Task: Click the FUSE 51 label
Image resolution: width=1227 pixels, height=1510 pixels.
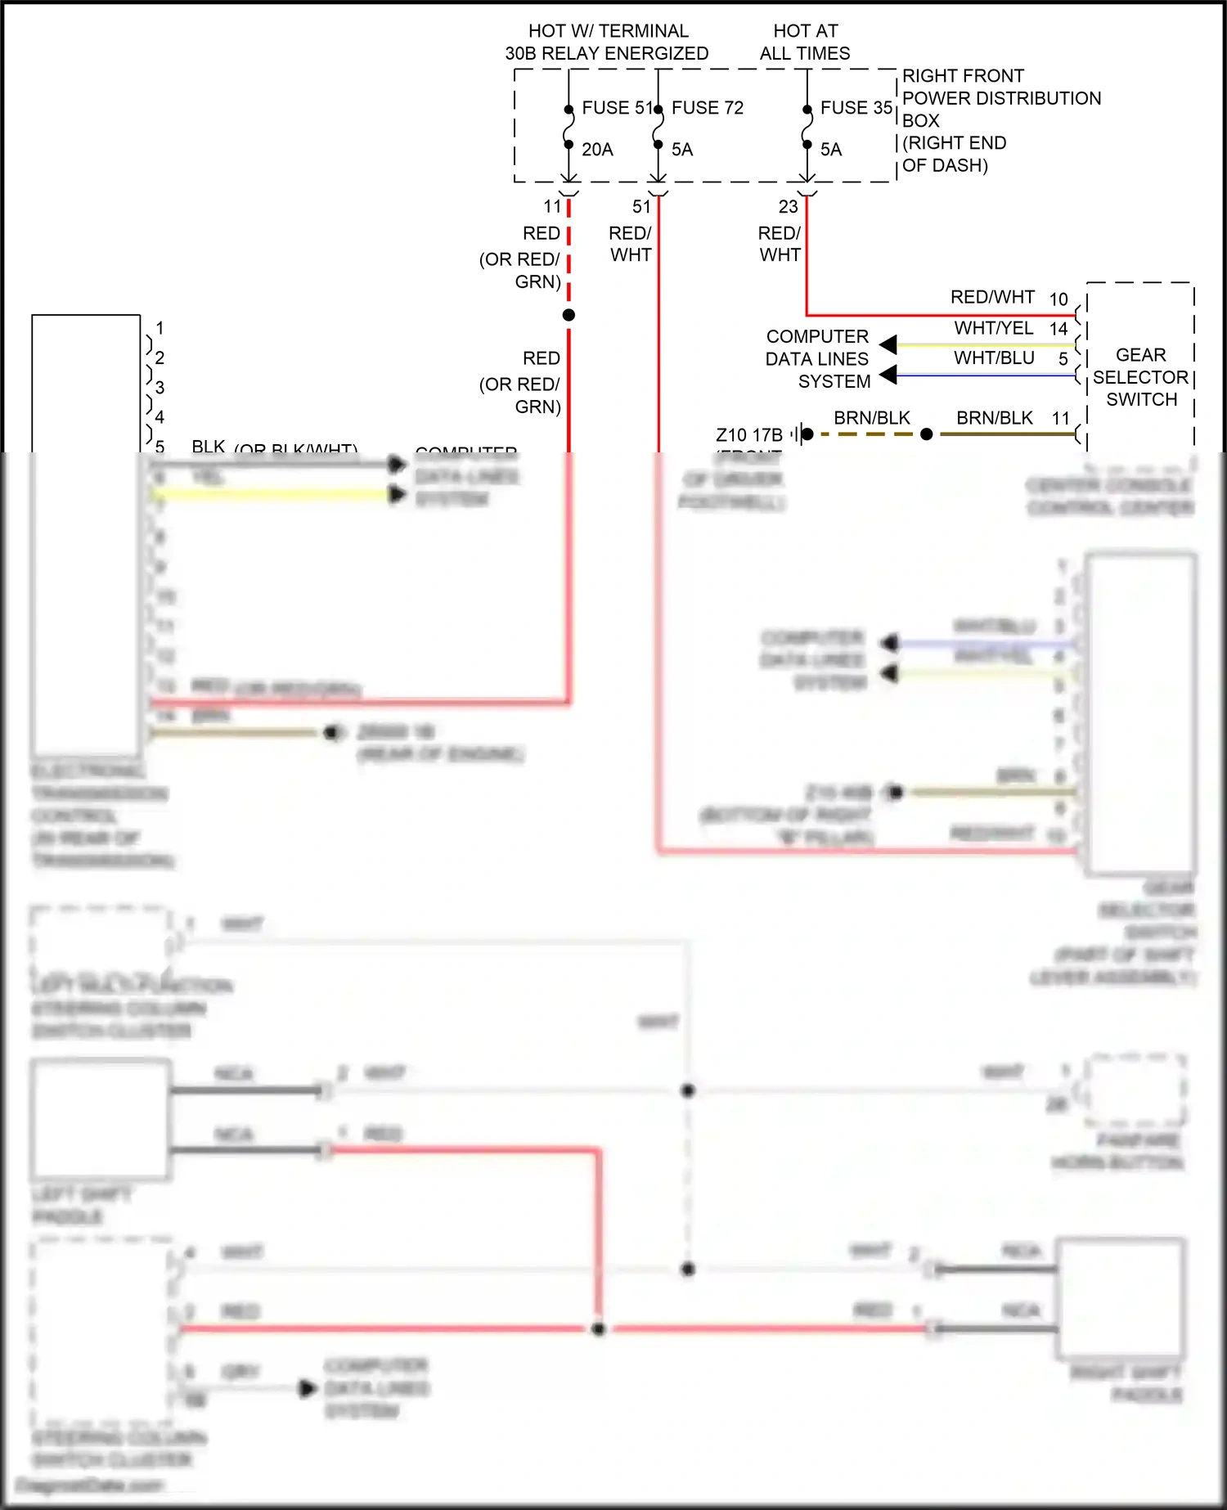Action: click(617, 108)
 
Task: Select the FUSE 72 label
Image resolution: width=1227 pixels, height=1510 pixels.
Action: click(708, 108)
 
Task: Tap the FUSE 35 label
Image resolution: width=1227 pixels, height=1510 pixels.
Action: click(856, 108)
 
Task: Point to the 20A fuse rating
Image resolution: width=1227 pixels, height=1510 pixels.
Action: click(597, 150)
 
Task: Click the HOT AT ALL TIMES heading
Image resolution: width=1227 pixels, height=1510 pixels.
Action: click(805, 43)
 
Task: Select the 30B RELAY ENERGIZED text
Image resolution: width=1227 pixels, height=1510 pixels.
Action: click(606, 54)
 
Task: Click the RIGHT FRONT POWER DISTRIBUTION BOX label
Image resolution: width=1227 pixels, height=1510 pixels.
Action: click(1000, 98)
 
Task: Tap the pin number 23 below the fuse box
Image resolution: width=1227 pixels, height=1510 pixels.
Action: click(788, 207)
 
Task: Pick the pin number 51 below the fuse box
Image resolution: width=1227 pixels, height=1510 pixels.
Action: click(641, 207)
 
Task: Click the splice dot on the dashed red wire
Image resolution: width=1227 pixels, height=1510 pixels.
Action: click(569, 315)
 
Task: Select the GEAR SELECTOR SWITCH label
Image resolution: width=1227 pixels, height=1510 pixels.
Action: click(1140, 377)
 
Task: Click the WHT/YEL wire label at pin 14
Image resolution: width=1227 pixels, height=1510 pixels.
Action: click(993, 328)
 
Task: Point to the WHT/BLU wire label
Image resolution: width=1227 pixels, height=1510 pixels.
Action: click(993, 358)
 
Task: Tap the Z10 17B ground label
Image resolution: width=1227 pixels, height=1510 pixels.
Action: click(748, 434)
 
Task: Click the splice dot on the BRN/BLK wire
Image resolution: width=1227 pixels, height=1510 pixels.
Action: click(926, 434)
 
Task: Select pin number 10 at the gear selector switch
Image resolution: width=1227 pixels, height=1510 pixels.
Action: click(1058, 299)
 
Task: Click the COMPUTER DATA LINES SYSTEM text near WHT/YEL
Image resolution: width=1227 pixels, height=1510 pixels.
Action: click(817, 359)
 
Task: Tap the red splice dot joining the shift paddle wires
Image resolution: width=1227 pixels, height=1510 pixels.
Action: click(598, 1329)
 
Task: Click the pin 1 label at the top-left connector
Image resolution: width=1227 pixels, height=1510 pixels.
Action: click(160, 328)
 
